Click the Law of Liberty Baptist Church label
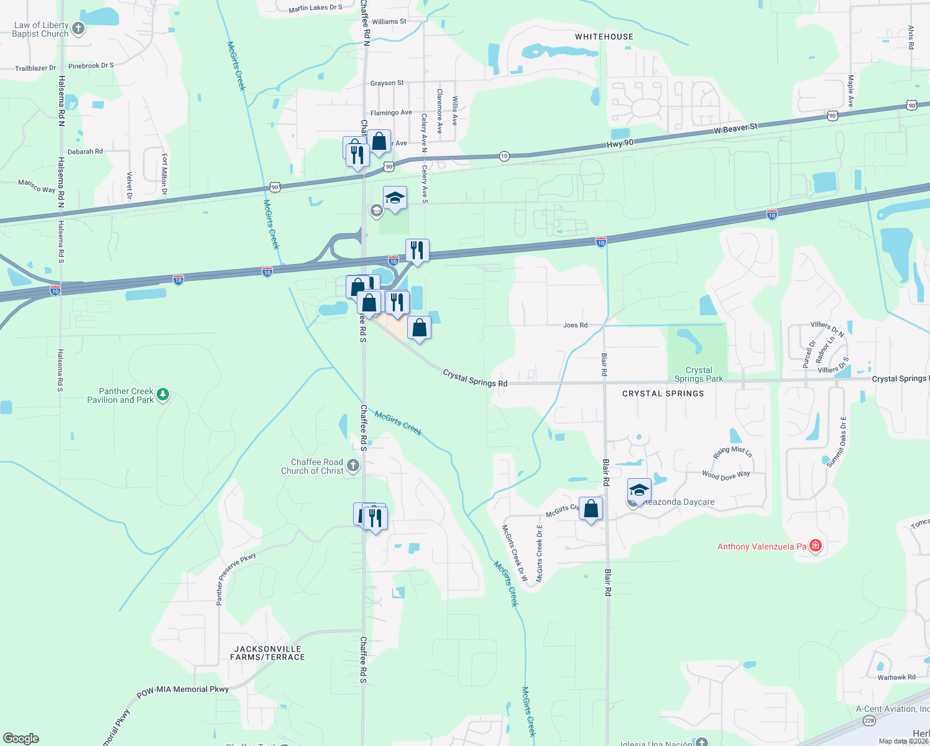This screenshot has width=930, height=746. [40, 30]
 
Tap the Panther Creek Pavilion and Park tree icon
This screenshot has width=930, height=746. [163, 394]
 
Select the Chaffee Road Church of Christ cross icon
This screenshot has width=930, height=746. [352, 466]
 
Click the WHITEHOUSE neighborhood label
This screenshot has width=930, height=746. [604, 37]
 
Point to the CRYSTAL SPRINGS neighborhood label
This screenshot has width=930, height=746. [663, 394]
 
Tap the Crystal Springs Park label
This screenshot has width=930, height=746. [699, 374]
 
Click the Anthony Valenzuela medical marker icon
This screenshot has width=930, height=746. [816, 546]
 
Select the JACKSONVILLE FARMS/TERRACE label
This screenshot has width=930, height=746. [267, 653]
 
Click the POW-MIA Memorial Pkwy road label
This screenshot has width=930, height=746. [183, 689]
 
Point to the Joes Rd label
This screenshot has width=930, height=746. [575, 325]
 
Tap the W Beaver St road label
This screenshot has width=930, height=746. [735, 129]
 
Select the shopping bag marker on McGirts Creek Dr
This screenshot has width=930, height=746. [591, 509]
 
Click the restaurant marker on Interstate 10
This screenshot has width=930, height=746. [417, 251]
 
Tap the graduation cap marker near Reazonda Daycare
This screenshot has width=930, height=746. [639, 490]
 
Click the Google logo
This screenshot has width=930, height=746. [21, 739]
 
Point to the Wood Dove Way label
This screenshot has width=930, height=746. [725, 476]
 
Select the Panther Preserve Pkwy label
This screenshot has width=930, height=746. [236, 579]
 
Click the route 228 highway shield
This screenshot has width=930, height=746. [868, 721]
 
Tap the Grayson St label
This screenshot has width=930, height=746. [387, 83]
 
